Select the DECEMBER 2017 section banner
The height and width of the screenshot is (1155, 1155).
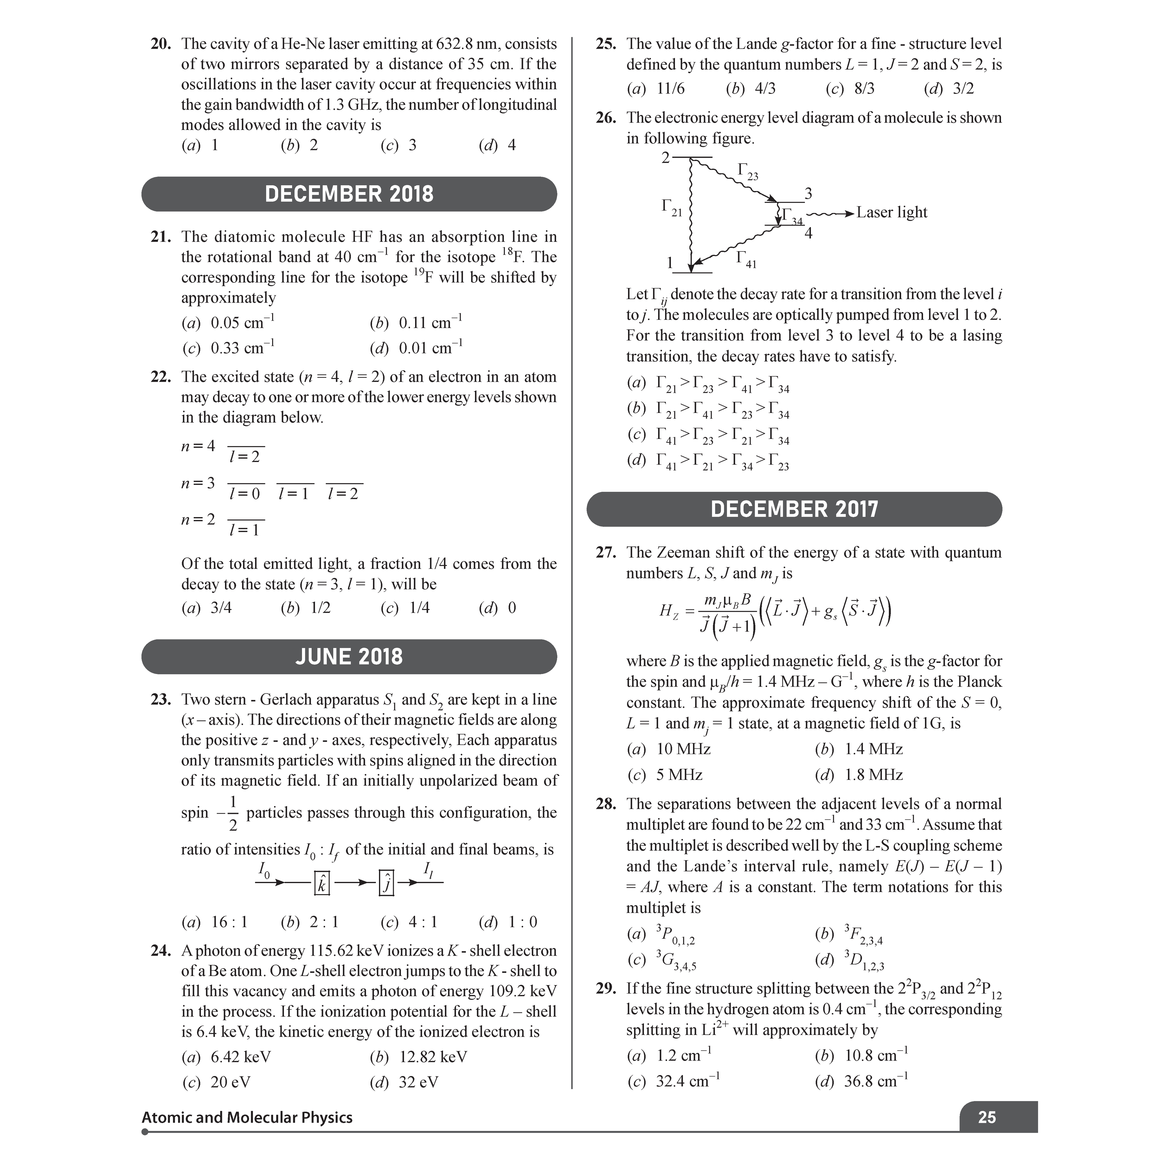click(x=794, y=509)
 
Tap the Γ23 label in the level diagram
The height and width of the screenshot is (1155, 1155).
click(x=747, y=171)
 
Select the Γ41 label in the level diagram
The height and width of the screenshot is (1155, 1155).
click(x=746, y=259)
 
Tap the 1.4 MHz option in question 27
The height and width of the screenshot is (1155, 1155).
click(x=873, y=749)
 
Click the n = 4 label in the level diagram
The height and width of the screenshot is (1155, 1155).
click(x=198, y=446)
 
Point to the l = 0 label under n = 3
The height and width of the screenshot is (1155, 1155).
click(x=245, y=494)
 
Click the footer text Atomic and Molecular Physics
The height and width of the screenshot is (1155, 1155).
click(x=247, y=1117)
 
